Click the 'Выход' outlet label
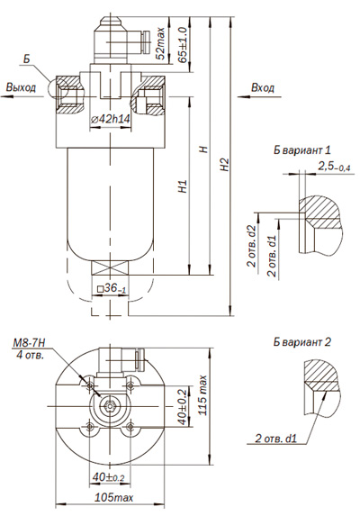pyautogui.click(x=21, y=87)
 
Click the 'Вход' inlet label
pyautogui.click(x=262, y=87)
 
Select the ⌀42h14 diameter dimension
pyautogui.click(x=110, y=119)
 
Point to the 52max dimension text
pyautogui.click(x=160, y=43)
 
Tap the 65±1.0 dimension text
pyautogui.click(x=183, y=44)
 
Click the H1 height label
pyautogui.click(x=183, y=186)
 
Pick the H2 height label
pyautogui.click(x=225, y=164)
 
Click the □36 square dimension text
pyautogui.click(x=112, y=288)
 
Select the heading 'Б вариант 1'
pyautogui.click(x=302, y=150)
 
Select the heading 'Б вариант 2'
pyautogui.click(x=302, y=341)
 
